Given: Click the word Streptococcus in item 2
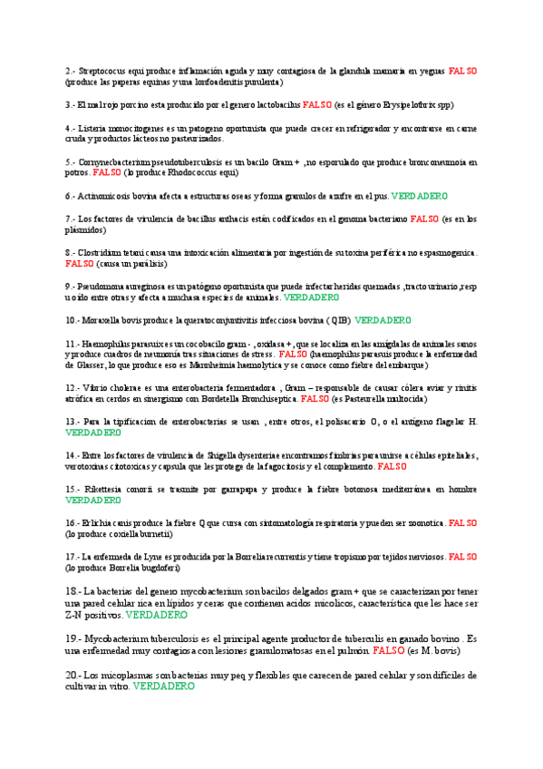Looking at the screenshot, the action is (x=104, y=71).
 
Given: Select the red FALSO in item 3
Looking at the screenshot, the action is (x=317, y=105).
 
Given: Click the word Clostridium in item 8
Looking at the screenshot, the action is (x=103, y=252).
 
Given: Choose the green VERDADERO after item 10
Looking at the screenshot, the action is (x=383, y=320).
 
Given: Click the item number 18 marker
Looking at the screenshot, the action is (x=73, y=591).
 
